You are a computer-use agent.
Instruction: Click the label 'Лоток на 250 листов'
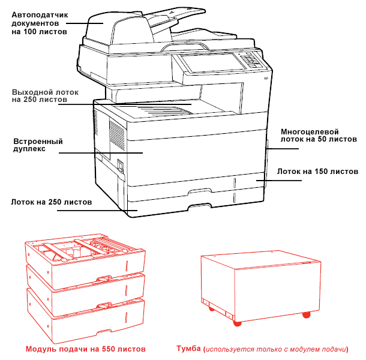51,202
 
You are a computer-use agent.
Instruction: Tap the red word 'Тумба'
188,349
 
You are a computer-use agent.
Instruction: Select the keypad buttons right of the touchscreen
250,59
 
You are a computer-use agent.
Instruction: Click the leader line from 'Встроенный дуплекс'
102,152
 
